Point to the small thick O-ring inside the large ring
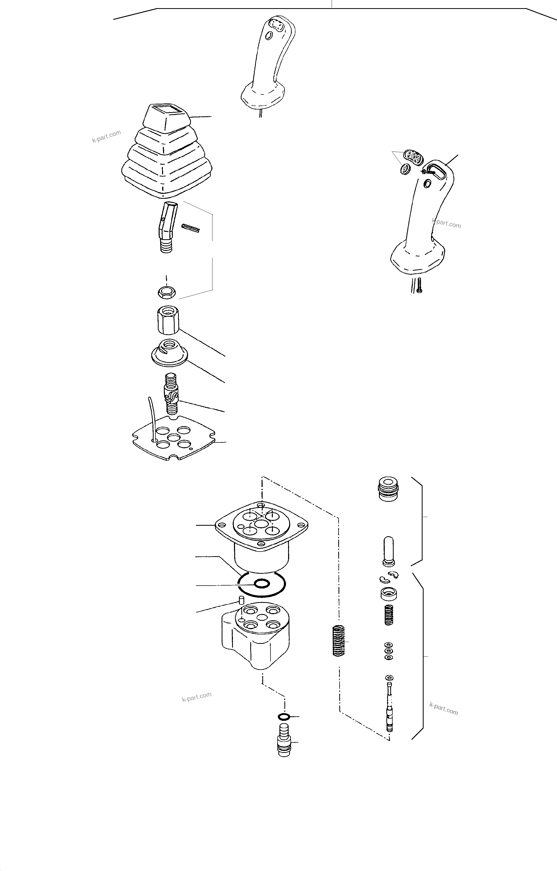click(262, 583)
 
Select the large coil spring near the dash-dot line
click(338, 641)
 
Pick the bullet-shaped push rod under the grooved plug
click(388, 551)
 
